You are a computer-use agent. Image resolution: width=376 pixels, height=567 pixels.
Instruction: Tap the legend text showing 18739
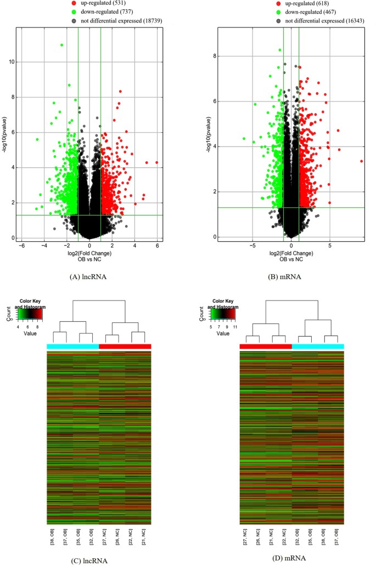pos(97,21)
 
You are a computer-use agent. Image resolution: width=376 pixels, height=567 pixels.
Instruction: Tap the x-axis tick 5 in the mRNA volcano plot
pos(330,245)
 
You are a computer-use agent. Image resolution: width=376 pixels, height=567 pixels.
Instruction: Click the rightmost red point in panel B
pos(362,161)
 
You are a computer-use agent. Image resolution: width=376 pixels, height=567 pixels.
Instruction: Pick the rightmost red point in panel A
pos(157,162)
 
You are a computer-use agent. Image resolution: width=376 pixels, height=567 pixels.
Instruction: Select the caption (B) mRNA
pos(291,277)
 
